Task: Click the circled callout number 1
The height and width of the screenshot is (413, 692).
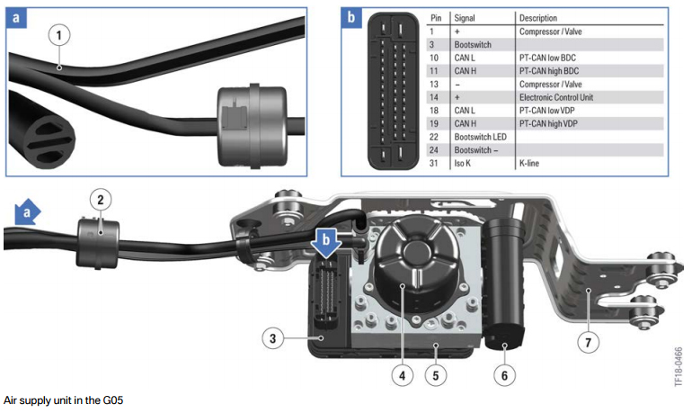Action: point(59,36)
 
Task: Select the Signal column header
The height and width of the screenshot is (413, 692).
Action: point(465,17)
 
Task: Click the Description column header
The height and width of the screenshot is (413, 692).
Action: point(538,17)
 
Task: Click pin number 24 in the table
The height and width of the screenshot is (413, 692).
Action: point(435,149)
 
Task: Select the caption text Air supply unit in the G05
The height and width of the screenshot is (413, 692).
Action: point(62,400)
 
